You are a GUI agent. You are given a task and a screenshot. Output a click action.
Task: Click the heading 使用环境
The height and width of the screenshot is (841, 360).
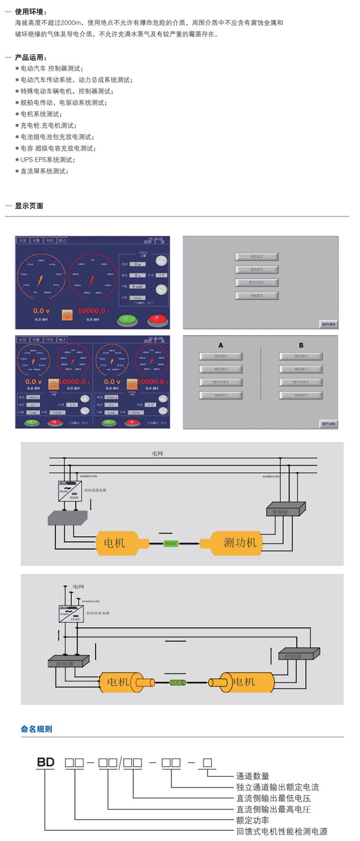(31, 12)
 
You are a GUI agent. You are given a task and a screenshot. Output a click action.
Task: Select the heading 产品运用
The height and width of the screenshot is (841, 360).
(31, 57)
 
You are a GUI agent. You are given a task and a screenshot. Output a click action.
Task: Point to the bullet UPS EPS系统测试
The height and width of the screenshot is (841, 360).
(47, 160)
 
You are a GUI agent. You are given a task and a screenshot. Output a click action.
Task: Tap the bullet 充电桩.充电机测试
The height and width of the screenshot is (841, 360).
(48, 126)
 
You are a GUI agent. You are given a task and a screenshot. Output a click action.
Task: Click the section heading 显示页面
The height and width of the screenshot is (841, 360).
(29, 206)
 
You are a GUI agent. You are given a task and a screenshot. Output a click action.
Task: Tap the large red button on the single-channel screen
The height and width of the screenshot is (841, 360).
(157, 319)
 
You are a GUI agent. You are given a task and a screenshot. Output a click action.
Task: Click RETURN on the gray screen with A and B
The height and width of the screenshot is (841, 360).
(328, 424)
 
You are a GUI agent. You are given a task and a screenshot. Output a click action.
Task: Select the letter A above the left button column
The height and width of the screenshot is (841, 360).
(221, 345)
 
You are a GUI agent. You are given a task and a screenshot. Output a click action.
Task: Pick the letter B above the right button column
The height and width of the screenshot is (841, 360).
(301, 345)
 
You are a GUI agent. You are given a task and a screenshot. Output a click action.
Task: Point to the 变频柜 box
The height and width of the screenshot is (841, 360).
(285, 510)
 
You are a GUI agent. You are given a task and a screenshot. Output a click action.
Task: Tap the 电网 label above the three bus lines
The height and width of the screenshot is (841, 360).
(157, 454)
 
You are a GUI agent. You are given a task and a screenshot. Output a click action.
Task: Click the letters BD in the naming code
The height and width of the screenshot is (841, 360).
(46, 762)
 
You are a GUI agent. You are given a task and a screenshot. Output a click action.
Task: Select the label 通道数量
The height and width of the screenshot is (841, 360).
(252, 776)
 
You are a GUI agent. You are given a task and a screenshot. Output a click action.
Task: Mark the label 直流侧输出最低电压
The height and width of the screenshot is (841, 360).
(273, 798)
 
